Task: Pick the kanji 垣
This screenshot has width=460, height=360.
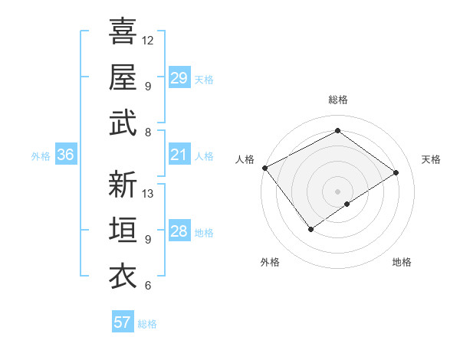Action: point(123,231)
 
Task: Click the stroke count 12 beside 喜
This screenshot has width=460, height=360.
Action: point(149,40)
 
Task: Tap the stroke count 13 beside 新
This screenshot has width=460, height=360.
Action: point(149,193)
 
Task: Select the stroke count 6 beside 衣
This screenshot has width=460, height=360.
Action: point(148,286)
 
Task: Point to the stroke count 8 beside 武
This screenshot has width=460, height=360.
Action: point(148,132)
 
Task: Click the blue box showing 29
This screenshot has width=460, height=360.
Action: point(179,78)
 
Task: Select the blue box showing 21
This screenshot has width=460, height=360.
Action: point(179,155)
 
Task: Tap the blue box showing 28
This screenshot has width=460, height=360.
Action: point(179,231)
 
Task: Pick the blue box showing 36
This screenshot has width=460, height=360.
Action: point(66,155)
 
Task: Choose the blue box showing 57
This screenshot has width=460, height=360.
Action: point(122,322)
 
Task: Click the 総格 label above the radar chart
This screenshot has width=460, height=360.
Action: point(337,100)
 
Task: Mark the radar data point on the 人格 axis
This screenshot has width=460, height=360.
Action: point(264,168)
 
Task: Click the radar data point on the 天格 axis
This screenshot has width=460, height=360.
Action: point(396,172)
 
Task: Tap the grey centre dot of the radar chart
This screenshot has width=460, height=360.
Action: point(337,191)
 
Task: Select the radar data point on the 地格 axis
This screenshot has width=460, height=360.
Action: point(347,204)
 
